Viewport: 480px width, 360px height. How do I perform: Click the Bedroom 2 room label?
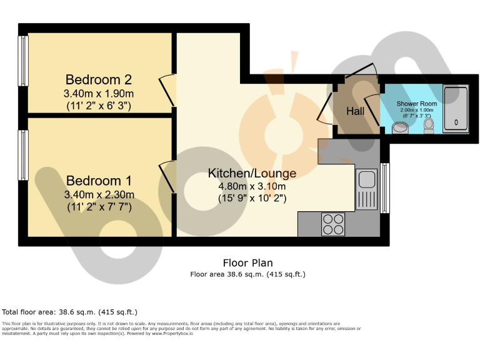(99, 80)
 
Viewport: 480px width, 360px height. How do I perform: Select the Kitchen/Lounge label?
(252, 173)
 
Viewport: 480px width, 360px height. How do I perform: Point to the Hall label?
(356, 111)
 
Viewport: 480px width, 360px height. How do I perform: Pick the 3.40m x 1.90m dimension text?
(99, 94)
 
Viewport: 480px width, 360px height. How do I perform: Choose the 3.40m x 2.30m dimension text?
(99, 194)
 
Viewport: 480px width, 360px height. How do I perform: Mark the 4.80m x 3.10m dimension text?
(252, 186)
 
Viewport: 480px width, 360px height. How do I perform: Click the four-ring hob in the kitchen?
(333, 224)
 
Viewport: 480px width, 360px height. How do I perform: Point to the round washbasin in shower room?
(401, 128)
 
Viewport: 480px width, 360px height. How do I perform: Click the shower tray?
(456, 109)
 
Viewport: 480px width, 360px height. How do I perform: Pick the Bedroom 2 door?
(167, 90)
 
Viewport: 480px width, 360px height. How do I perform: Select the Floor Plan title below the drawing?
(247, 263)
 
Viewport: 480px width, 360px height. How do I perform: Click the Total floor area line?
(70, 312)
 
